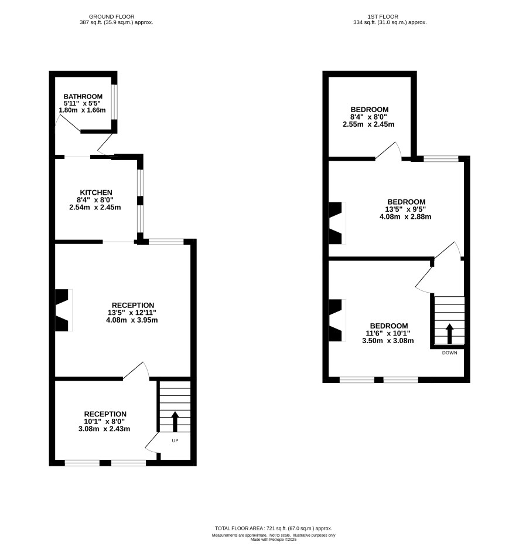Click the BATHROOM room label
tap(83, 97)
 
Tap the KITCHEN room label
tap(95, 192)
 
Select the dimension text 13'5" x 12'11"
tap(132, 313)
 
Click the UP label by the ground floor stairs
tap(175, 441)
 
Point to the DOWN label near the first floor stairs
tap(449, 353)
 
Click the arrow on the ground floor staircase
tap(175, 421)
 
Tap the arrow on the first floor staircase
tap(450, 333)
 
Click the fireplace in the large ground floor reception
tap(63, 310)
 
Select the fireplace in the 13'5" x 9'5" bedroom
tap(337, 223)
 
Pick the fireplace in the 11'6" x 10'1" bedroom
tap(337, 320)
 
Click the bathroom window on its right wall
tap(114, 102)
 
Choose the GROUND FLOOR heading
tap(111, 17)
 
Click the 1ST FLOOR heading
tap(383, 17)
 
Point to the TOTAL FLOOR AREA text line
tap(274, 528)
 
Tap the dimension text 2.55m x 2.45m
tap(368, 124)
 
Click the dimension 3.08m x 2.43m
tap(104, 429)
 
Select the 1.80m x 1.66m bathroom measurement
tap(82, 110)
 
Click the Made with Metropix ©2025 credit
tap(274, 540)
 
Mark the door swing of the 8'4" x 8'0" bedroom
tap(389, 150)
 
